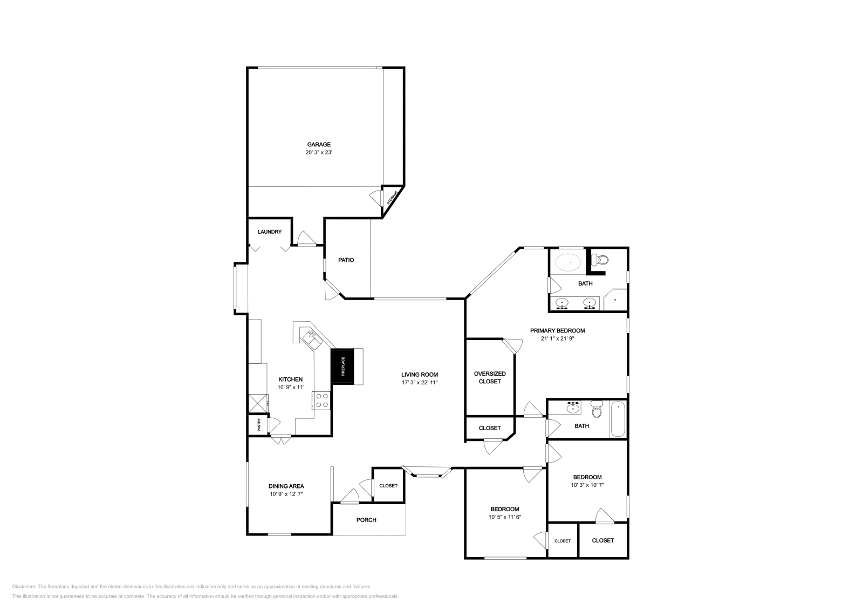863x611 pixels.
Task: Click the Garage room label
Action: click(x=319, y=144)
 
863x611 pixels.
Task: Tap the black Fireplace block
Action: click(x=342, y=366)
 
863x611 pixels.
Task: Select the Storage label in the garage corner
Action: click(x=393, y=198)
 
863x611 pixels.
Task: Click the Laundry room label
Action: click(x=269, y=232)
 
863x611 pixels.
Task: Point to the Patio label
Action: click(x=346, y=260)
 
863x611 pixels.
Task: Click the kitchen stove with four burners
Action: click(x=322, y=400)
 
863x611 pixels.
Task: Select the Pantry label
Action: click(x=259, y=425)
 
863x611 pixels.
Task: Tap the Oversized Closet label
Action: click(x=490, y=377)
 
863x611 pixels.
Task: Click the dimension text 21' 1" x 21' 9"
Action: click(x=557, y=338)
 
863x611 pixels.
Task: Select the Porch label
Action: click(x=366, y=520)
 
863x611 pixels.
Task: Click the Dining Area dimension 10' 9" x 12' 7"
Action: click(x=286, y=494)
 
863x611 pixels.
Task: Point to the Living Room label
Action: click(x=419, y=375)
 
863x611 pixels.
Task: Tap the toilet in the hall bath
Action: click(x=596, y=410)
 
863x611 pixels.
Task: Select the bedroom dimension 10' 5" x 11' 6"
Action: click(x=504, y=517)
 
